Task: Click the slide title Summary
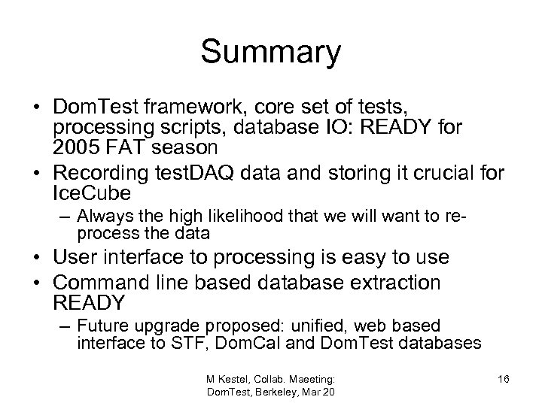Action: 271,53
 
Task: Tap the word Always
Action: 100,218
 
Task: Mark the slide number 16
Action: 503,379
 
